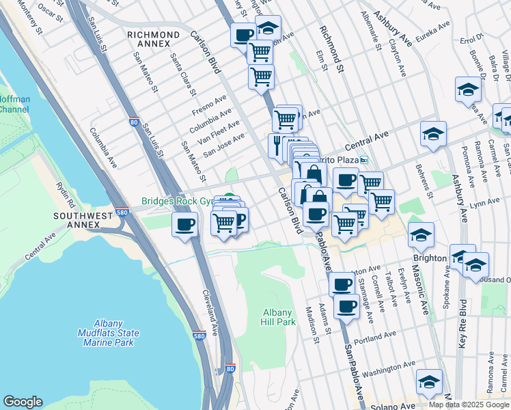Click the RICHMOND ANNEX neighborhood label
tap(154, 39)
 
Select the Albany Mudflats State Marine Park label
tap(107, 333)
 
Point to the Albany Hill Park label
tap(279, 317)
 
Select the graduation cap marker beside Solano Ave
tap(429, 381)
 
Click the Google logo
tap(23, 402)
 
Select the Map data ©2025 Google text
tap(469, 405)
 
